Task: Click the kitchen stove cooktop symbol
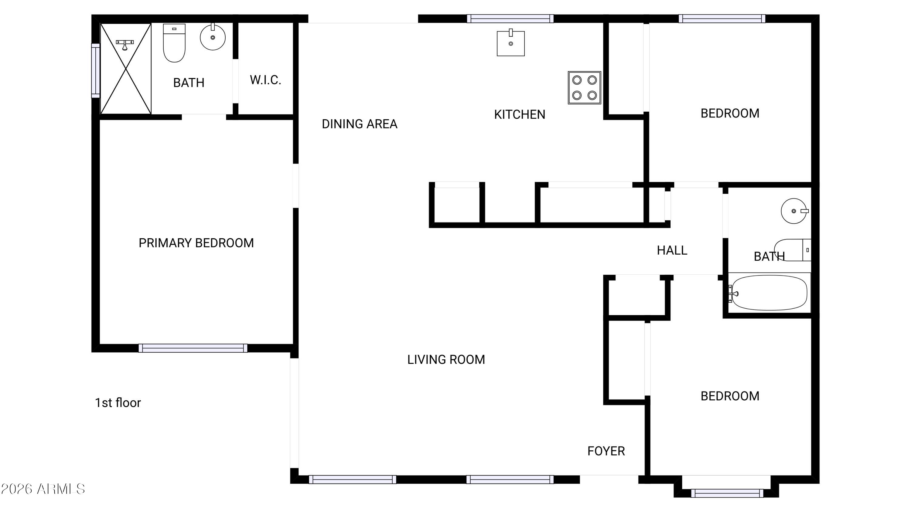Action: click(584, 88)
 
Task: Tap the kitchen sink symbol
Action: click(511, 43)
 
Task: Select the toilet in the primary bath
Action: click(174, 43)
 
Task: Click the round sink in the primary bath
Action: click(213, 37)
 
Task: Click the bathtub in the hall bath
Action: click(769, 293)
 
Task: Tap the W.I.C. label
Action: click(265, 80)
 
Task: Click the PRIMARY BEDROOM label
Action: click(196, 243)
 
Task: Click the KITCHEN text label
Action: click(520, 114)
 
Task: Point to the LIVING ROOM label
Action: click(446, 360)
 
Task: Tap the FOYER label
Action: click(606, 451)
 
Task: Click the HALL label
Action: click(672, 250)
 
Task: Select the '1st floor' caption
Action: click(118, 403)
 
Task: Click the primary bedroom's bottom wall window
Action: click(193, 348)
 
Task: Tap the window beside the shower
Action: click(95, 70)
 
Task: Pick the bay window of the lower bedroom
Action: click(727, 493)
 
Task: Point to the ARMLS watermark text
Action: click(43, 489)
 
